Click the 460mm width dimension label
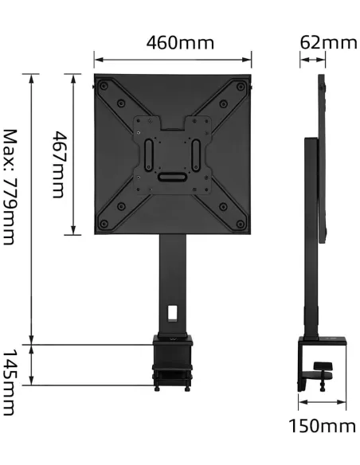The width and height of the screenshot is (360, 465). [179, 42]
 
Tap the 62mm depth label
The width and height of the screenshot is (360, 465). [328, 42]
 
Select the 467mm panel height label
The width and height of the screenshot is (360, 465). [57, 166]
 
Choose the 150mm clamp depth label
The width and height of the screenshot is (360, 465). [322, 426]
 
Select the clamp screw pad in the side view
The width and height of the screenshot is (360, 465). [323, 367]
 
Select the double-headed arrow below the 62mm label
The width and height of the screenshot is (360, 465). [313, 61]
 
